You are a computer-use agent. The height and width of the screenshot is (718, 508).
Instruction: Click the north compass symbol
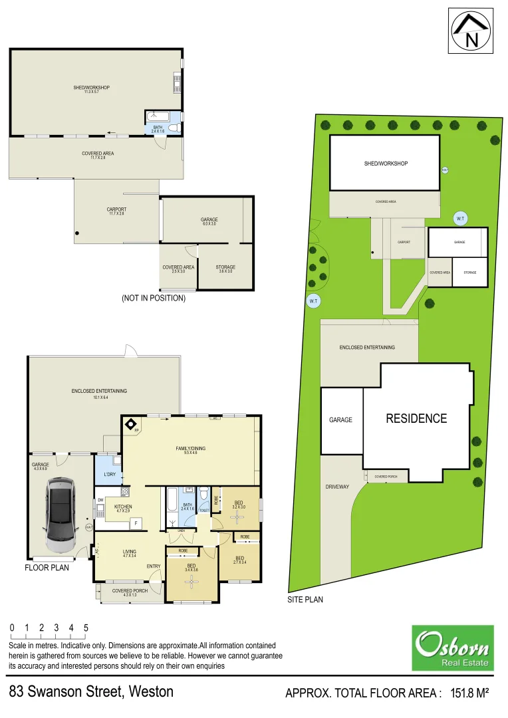[x=472, y=31]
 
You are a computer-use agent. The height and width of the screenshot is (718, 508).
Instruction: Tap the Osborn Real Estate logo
[x=453, y=648]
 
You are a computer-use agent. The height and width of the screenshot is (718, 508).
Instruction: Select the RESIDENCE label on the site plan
[x=416, y=418]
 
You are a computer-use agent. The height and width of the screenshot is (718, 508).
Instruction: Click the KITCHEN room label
[x=123, y=506]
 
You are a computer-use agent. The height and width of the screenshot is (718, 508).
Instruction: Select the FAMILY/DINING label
[x=190, y=448]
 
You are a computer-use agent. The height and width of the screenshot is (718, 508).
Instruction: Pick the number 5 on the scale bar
[x=86, y=628]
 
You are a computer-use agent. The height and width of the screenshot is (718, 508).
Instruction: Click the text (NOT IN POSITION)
[x=153, y=299]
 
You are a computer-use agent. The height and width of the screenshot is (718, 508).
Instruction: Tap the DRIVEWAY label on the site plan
[x=337, y=487]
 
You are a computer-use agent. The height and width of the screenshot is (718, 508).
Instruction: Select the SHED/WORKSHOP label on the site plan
[x=386, y=164]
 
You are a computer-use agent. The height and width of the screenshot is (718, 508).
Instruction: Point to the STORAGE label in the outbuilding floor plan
[x=225, y=267]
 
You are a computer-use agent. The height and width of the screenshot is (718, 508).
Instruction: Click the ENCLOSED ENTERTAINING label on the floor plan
[x=99, y=391]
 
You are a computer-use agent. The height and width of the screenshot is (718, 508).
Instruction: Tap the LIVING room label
[x=129, y=551]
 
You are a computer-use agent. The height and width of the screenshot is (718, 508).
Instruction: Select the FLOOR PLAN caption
[x=47, y=568]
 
